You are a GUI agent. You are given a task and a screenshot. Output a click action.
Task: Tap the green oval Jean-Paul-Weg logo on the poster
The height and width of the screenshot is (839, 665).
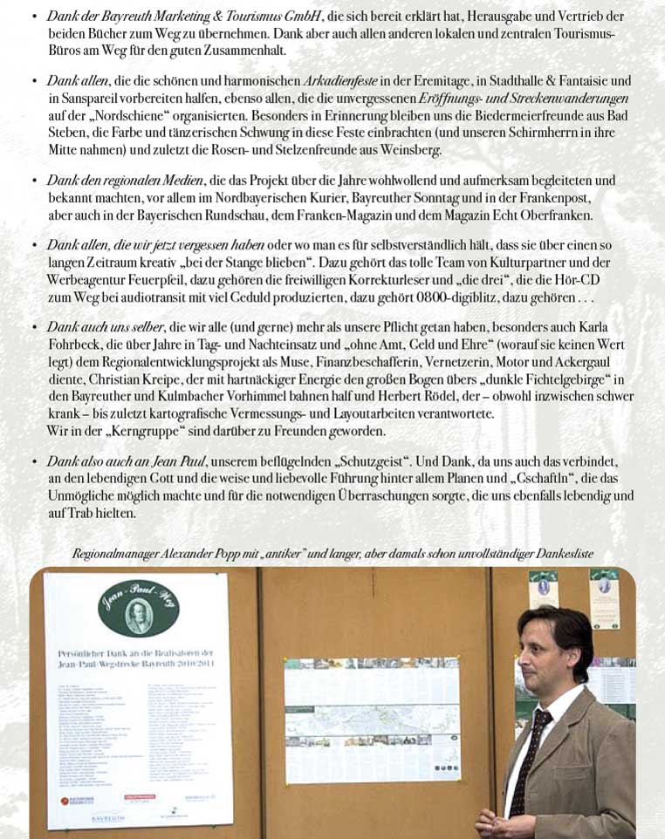point(138,611)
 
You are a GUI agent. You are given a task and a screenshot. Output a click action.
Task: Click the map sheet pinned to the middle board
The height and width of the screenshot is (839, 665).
point(372,719)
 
